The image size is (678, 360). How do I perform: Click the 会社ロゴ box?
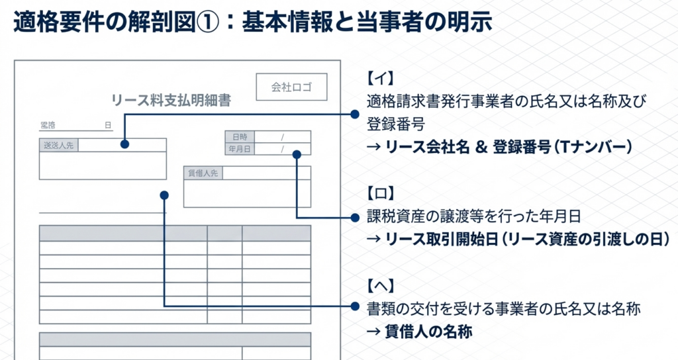click(291, 87)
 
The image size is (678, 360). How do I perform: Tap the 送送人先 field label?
click(58, 145)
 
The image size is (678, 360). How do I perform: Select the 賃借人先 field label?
click(203, 173)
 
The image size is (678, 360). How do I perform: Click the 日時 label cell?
click(240, 137)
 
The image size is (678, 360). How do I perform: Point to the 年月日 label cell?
click(240, 149)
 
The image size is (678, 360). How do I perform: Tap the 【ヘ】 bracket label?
click(380, 286)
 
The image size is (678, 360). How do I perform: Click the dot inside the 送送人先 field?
click(124, 144)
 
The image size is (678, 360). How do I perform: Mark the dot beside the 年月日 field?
click(297, 154)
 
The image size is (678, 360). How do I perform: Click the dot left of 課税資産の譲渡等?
click(354, 217)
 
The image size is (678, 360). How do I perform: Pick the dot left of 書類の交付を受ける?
click(354, 307)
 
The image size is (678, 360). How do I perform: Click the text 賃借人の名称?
click(428, 332)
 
